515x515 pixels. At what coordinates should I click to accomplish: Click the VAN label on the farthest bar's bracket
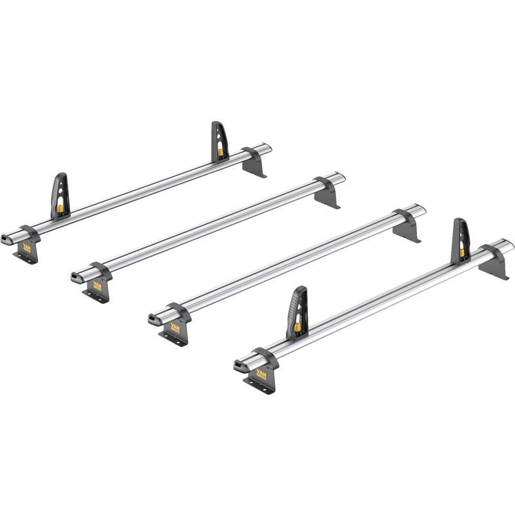[27, 247]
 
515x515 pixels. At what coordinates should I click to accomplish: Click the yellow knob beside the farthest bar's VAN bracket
[60, 210]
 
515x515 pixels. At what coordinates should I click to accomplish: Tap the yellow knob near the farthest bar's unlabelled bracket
[221, 152]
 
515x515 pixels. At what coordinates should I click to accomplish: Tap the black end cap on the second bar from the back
[76, 277]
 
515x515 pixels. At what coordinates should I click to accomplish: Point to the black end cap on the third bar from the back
[153, 319]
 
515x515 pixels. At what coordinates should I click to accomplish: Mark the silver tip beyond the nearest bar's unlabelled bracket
[508, 245]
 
